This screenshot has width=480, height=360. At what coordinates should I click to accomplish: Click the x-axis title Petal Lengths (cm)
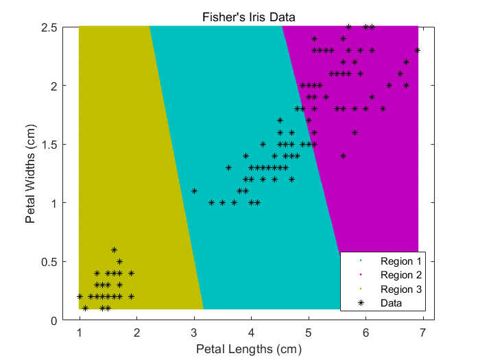tap(248, 349)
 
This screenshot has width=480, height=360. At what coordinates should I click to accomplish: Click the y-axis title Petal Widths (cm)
tap(30, 174)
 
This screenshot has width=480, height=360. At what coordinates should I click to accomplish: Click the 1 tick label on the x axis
tap(80, 333)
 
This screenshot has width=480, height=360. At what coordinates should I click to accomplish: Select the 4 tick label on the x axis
tap(251, 333)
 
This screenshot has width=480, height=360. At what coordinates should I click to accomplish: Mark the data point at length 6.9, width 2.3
tap(418, 50)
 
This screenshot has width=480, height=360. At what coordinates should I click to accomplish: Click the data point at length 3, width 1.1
tap(194, 191)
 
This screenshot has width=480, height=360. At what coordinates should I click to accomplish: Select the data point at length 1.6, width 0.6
tap(114, 250)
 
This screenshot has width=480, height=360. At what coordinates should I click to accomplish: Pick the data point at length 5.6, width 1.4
tap(343, 156)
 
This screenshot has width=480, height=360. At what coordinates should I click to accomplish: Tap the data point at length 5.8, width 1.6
tap(355, 132)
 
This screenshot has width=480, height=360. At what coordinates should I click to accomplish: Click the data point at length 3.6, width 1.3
tap(228, 167)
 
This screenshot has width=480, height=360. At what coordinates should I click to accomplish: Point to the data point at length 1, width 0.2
tap(80, 296)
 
